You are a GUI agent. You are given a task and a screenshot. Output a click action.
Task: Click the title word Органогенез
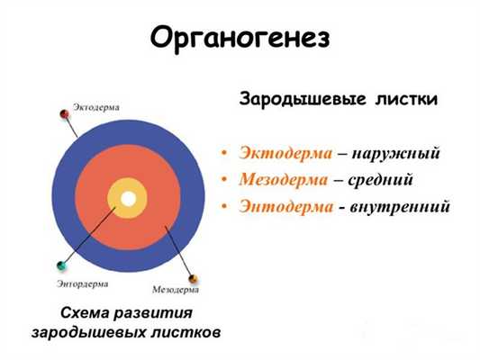point(240,37)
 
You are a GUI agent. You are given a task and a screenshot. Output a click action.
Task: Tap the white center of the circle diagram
point(128,198)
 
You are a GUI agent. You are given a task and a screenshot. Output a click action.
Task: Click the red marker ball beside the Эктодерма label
point(64,112)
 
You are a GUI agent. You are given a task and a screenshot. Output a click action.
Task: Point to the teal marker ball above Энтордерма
point(60,265)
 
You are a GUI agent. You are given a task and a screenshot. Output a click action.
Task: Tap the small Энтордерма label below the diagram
point(81,283)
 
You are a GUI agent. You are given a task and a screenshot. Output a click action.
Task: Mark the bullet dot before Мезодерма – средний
point(225,180)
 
